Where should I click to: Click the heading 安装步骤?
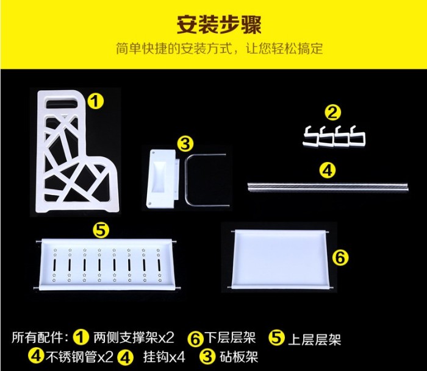(219, 24)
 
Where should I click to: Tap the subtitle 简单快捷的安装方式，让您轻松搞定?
(220, 48)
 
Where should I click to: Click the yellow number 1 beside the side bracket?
(96, 102)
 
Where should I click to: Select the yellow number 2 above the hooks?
(333, 113)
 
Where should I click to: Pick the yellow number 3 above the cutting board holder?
(185, 143)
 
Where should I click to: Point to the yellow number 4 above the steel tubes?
(328, 171)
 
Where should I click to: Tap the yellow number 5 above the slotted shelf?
(101, 230)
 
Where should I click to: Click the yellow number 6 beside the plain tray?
(340, 257)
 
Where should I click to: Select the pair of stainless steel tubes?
(328, 187)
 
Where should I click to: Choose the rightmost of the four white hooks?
(357, 136)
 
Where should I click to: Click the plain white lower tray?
(280, 259)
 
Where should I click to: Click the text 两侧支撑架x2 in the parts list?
(134, 338)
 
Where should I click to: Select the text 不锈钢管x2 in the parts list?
(79, 356)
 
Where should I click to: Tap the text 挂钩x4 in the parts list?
(164, 356)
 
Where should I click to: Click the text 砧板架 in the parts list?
(239, 356)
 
